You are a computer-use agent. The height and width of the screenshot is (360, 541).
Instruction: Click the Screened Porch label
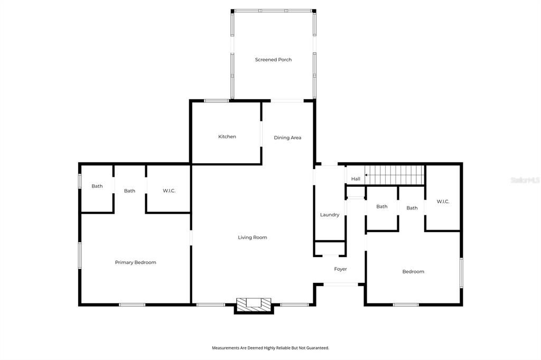273,60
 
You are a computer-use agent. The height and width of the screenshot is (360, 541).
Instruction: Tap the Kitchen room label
227,137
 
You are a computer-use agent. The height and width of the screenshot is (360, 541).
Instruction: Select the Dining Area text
287,138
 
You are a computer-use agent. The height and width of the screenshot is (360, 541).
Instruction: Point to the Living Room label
252,238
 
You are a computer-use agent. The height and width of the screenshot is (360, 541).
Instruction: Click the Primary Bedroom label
135,262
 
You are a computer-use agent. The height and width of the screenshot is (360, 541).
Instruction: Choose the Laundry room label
330,215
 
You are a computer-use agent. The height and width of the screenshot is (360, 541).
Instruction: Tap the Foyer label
340,269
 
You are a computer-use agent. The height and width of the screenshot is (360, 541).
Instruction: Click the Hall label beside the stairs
356,179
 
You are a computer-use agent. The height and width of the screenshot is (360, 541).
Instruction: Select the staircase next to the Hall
396,175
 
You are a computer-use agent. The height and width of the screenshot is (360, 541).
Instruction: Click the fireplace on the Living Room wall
254,304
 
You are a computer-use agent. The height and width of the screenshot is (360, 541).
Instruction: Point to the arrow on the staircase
368,175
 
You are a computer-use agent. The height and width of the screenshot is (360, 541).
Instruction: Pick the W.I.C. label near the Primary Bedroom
169,191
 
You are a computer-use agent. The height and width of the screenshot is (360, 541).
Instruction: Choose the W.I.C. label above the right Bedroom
443,202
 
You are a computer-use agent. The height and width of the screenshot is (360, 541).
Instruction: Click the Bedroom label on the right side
413,272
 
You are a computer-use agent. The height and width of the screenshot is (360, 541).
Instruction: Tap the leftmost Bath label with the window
97,186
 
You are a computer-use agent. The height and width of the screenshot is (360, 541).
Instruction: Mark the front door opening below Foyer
341,285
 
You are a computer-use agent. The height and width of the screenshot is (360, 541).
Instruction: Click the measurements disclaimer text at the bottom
270,348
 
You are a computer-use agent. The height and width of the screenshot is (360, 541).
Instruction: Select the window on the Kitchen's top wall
217,100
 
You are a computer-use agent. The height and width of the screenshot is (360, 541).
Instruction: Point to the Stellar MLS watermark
525,180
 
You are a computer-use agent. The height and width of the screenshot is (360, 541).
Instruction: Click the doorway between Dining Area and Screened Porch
288,100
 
